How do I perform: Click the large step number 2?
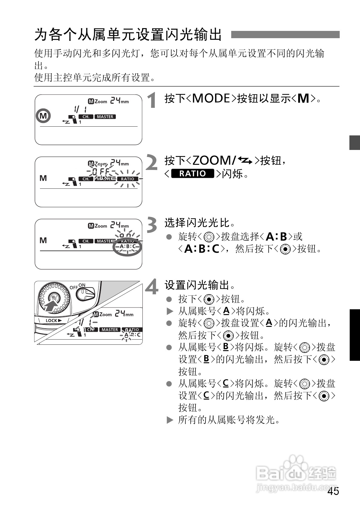coord(152,163)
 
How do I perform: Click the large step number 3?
coord(152,225)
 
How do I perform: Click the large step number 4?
coord(152,287)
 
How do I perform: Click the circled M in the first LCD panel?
coord(43,116)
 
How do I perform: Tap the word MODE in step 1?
coord(211,98)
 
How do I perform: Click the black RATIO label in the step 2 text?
coord(193,174)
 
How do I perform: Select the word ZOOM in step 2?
coord(212,161)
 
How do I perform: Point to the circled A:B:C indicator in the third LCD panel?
coord(127,247)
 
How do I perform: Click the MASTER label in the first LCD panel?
coord(105,117)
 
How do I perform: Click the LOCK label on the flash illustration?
coord(53,320)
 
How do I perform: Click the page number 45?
coord(333,491)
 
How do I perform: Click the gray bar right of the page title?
coord(285,35)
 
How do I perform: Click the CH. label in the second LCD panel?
coord(86,179)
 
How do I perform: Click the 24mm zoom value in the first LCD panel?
coord(119,101)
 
